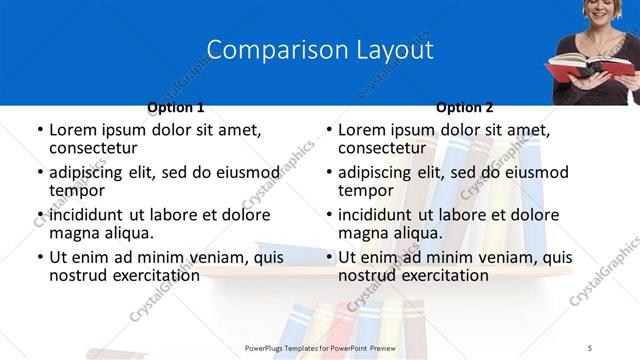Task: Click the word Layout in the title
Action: [x=390, y=50]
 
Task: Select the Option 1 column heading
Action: [x=176, y=107]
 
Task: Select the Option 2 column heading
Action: [x=465, y=107]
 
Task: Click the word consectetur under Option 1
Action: [x=95, y=148]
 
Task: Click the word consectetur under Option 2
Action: [x=384, y=148]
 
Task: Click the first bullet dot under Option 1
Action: [x=39, y=131]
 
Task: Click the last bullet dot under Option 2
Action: [x=328, y=258]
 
